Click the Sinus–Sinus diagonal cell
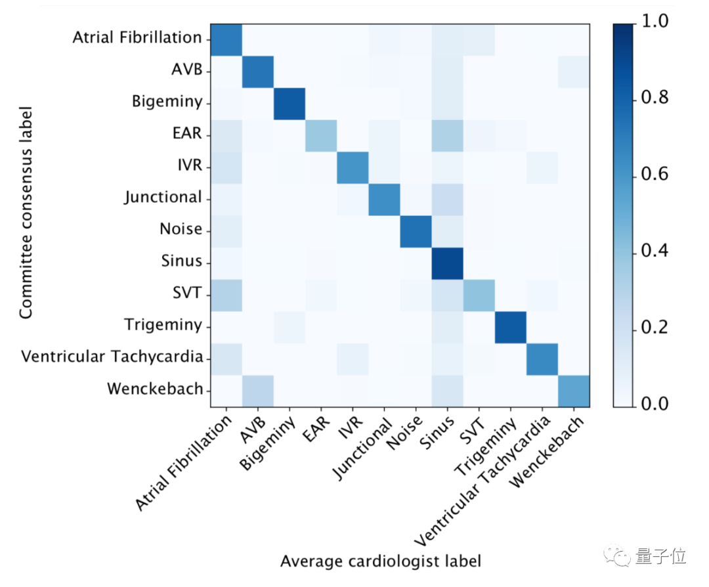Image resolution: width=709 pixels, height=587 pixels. (447, 262)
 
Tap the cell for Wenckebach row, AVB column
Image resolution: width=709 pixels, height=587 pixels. (258, 390)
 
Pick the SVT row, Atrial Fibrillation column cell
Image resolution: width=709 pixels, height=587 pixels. (226, 294)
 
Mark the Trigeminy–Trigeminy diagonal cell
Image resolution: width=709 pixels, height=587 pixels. (511, 326)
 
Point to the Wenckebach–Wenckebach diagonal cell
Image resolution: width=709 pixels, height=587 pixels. (574, 390)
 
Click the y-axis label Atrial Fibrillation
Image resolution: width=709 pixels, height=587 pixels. (137, 37)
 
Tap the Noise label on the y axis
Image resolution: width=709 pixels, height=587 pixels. (181, 230)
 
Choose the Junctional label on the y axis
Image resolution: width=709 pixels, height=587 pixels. (163, 197)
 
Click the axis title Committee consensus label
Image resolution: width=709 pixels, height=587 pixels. (26, 214)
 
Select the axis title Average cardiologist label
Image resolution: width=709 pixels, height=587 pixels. (381, 562)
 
